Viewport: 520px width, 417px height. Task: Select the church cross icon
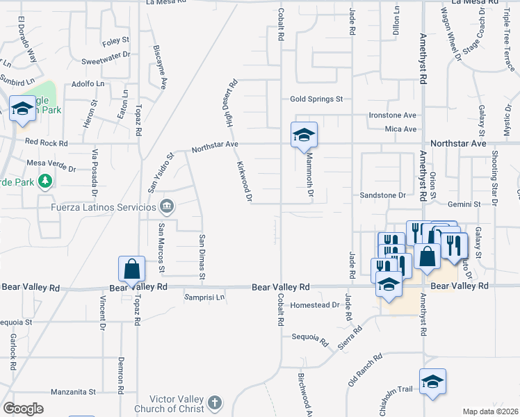click(215, 402)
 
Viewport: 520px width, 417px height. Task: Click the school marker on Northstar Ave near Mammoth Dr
click(304, 134)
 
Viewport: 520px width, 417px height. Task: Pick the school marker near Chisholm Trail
click(432, 381)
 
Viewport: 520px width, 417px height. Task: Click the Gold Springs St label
click(317, 99)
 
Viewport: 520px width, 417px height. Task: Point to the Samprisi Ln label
click(204, 297)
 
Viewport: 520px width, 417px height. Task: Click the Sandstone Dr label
click(382, 196)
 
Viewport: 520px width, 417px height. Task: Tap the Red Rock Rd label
click(46, 142)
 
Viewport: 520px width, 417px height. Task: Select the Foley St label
click(111, 42)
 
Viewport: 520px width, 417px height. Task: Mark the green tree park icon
click(46, 181)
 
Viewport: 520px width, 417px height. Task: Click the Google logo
click(22, 409)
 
